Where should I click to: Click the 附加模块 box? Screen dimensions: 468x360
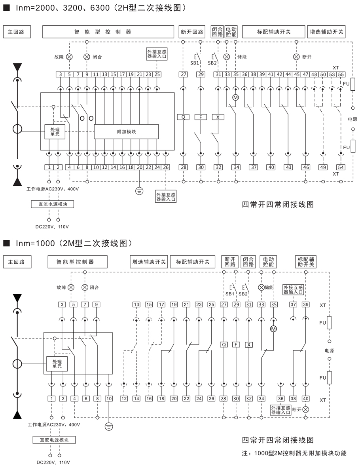[126, 131]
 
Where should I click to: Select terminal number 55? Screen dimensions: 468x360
[341, 74]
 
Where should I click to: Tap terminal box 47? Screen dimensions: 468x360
[305, 74]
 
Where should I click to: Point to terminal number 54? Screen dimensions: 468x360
[341, 167]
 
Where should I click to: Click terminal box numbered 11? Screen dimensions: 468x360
[96, 74]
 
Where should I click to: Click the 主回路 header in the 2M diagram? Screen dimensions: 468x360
[17, 262]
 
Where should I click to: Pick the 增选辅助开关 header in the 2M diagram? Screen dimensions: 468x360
[149, 262]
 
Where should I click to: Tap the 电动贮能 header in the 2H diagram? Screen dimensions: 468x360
[231, 32]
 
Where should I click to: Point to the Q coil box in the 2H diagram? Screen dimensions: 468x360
[184, 117]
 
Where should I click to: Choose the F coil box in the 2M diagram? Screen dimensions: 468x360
[236, 344]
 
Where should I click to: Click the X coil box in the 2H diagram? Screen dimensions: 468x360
[218, 117]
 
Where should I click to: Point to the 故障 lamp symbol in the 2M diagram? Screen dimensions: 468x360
[71, 287]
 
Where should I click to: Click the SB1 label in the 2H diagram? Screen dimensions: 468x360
[195, 63]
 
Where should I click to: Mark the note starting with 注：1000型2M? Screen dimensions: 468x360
[294, 453]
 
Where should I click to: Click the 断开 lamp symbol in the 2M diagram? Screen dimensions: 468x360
[305, 409]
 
